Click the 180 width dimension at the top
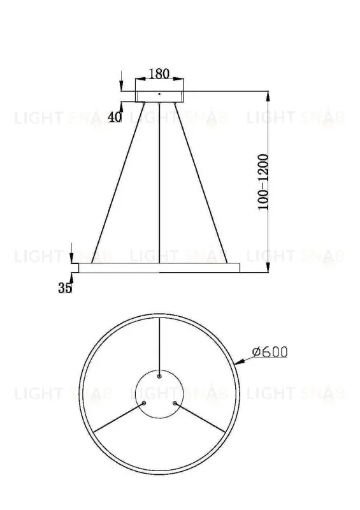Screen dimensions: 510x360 click(x=159, y=74)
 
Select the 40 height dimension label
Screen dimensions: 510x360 click(x=115, y=117)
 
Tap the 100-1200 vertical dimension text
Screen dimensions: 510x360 click(x=263, y=182)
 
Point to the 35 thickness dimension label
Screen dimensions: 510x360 click(x=64, y=288)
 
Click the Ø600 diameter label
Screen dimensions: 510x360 click(x=270, y=352)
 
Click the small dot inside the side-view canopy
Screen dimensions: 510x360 click(x=159, y=95)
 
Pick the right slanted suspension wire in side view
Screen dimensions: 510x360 click(x=203, y=182)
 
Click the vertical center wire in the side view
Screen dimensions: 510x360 click(x=159, y=182)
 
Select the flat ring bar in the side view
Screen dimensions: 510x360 click(x=156, y=268)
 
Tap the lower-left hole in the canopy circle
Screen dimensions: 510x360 click(x=144, y=403)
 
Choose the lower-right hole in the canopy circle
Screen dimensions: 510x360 click(x=174, y=403)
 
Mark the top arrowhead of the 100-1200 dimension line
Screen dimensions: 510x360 click(x=268, y=95)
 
